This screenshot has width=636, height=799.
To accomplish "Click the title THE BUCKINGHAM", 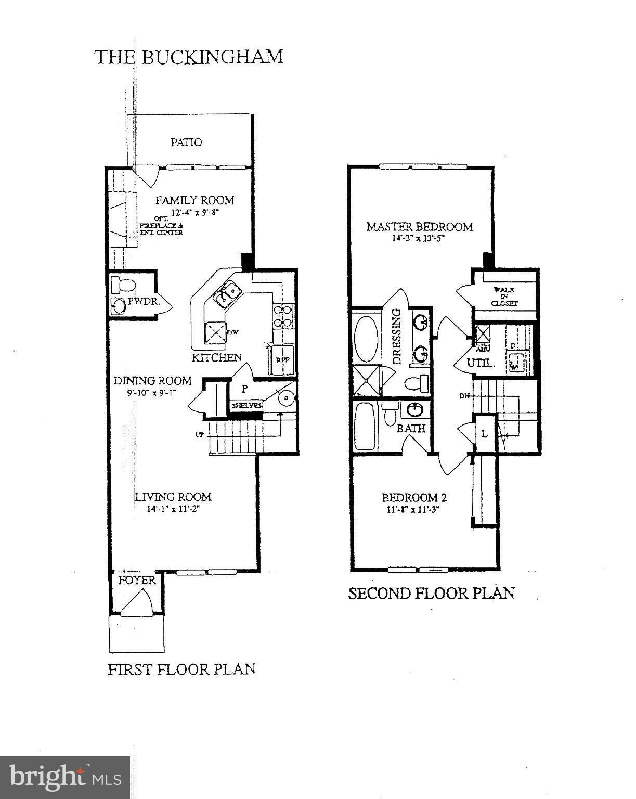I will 188,57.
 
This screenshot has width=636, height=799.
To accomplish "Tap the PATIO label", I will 186,142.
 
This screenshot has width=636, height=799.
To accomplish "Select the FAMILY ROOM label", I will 194,200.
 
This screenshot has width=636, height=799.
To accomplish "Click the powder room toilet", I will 123,285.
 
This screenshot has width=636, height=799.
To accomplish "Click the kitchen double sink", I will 226,292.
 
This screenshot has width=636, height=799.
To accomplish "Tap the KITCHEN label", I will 216,357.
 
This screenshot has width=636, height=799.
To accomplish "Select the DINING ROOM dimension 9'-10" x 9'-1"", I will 152,394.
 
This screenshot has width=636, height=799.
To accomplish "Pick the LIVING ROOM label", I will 173,497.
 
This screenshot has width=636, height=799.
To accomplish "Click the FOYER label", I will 137,581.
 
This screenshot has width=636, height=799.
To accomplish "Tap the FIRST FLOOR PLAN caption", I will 181,669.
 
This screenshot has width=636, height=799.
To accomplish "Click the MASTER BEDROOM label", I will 419,227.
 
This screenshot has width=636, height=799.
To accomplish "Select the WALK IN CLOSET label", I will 505,297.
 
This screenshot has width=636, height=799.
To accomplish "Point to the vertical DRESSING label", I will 396,336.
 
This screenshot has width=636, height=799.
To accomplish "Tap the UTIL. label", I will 481,363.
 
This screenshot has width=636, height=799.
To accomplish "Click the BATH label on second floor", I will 411,428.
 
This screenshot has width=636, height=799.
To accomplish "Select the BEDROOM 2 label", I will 414,497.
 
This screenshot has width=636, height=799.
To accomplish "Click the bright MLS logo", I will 65,777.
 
